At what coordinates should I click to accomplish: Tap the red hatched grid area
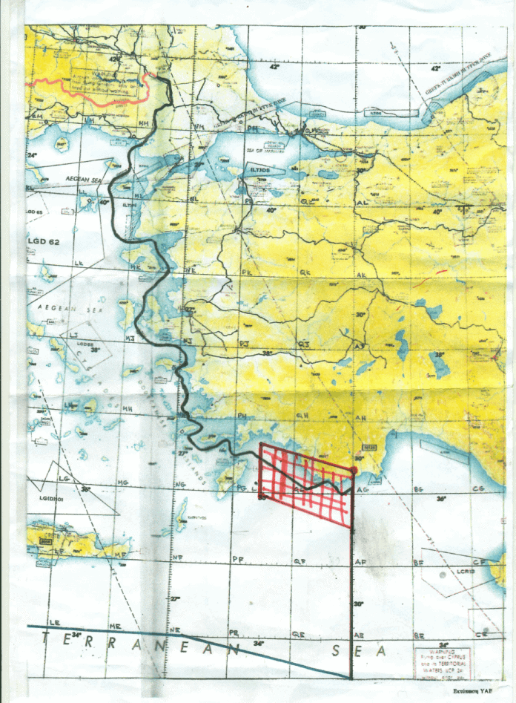(x=305, y=483)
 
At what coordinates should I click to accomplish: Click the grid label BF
(x=419, y=563)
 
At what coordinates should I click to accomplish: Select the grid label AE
(x=359, y=636)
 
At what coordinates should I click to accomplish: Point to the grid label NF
(x=177, y=557)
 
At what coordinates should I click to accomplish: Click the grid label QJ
(x=302, y=344)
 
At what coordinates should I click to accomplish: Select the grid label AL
(x=363, y=202)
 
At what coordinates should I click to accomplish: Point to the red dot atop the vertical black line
(x=354, y=471)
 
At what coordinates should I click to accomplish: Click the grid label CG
(x=477, y=489)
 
